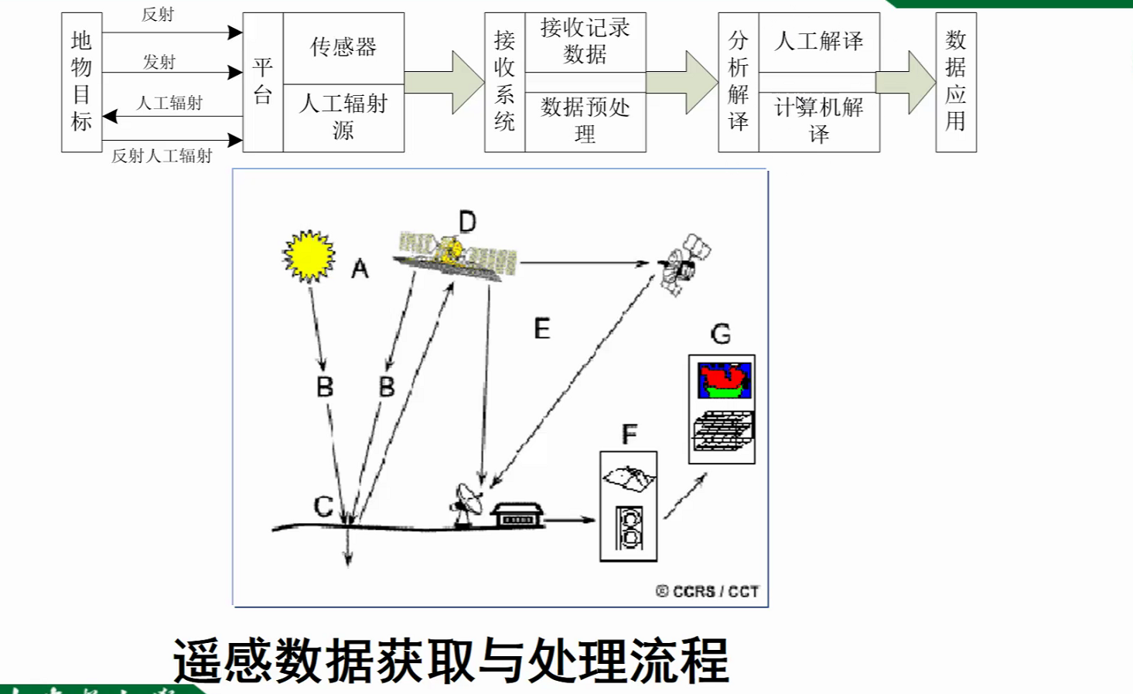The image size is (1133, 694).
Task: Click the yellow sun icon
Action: click(x=309, y=256)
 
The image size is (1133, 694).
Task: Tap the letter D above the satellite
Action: click(x=467, y=223)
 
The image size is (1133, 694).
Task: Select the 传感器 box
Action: click(x=343, y=47)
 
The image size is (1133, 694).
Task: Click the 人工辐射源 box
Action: click(x=343, y=117)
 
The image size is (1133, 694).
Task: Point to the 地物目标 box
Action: click(x=81, y=82)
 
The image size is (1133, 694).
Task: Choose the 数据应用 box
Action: click(x=955, y=82)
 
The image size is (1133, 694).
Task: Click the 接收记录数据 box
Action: click(x=585, y=42)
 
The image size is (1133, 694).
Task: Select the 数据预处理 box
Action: click(x=585, y=121)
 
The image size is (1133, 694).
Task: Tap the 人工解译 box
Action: click(x=819, y=42)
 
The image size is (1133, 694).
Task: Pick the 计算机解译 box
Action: click(x=819, y=121)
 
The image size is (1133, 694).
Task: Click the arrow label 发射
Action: click(x=159, y=62)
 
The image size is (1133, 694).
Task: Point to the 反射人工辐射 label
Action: click(x=162, y=156)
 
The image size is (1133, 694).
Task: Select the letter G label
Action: click(x=720, y=334)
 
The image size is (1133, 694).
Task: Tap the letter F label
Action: click(x=629, y=434)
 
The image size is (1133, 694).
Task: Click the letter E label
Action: click(x=541, y=329)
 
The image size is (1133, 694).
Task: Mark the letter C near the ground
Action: click(x=323, y=507)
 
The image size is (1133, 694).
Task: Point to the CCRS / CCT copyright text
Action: click(x=707, y=591)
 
